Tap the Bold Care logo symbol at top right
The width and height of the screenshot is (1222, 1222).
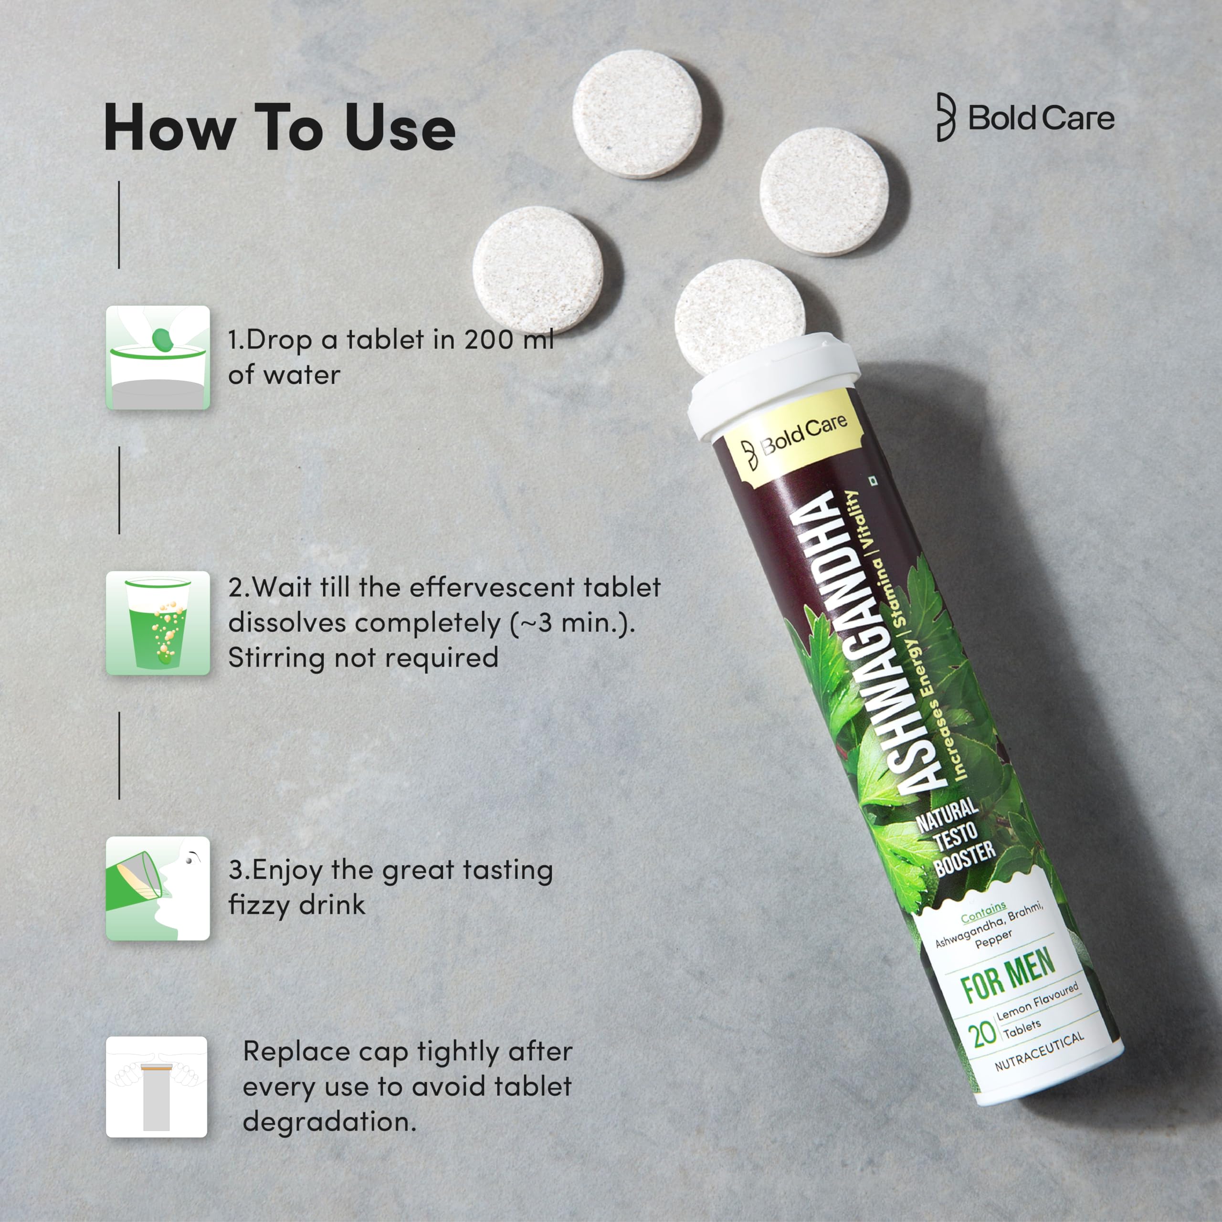(x=946, y=117)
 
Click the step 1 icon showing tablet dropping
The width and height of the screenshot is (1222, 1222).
(x=158, y=358)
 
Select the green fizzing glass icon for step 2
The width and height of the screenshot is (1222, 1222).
(x=158, y=623)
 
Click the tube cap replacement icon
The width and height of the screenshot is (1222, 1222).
(x=156, y=1086)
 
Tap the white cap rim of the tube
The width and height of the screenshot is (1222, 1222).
(x=775, y=386)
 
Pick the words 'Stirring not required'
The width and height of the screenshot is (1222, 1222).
(x=363, y=658)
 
